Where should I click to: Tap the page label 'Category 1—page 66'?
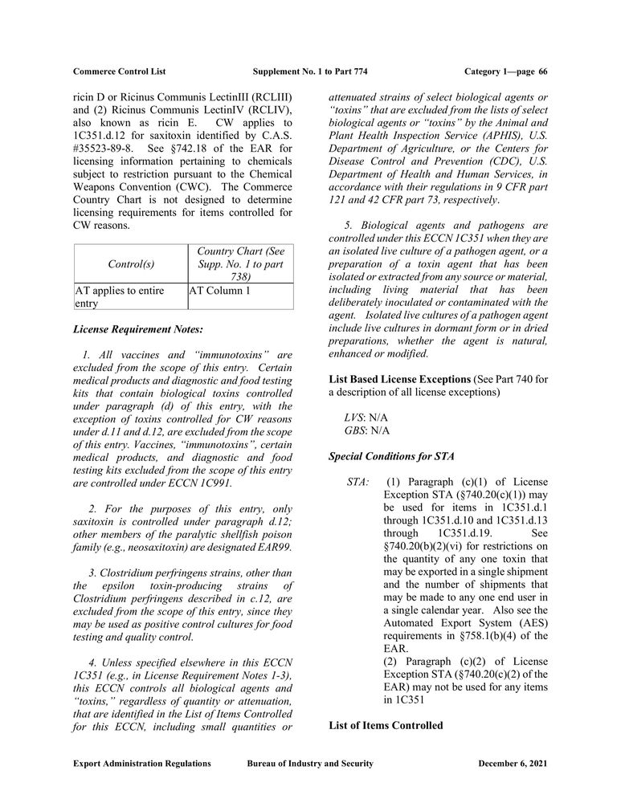coord(505,71)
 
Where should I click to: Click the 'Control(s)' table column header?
coord(130,263)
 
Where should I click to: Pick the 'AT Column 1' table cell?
coord(220,291)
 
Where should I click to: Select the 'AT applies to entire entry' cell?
coord(119,297)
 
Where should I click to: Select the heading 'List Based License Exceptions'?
coord(400,377)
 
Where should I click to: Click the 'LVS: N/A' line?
coord(366,417)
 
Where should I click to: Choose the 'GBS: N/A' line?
coord(367,430)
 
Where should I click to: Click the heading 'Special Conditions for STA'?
coord(392,456)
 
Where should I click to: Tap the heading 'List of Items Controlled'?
coord(386,725)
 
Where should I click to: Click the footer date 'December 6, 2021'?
coord(513,764)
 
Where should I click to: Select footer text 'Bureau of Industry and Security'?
coord(310,764)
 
